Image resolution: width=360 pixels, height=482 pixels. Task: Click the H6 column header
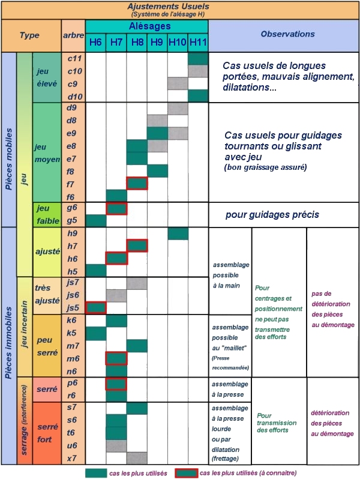click(x=95, y=41)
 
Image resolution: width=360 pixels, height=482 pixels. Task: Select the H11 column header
click(x=197, y=41)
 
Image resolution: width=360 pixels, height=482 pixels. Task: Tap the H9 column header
click(x=157, y=41)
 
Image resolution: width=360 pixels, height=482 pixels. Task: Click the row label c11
click(x=74, y=58)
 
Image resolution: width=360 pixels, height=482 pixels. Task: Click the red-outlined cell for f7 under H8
click(x=137, y=183)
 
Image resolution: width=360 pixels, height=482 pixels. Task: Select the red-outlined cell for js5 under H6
click(x=95, y=307)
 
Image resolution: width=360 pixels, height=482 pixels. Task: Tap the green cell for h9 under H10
click(x=178, y=233)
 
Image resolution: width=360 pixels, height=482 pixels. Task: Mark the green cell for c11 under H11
click(x=197, y=58)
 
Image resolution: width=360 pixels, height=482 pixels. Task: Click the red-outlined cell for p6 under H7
click(x=116, y=383)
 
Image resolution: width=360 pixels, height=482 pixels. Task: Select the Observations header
click(x=283, y=35)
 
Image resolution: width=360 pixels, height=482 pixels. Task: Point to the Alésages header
click(x=149, y=26)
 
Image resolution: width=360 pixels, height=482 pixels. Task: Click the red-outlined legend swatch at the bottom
click(x=186, y=473)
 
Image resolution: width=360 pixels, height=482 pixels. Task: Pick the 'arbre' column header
click(x=73, y=35)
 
